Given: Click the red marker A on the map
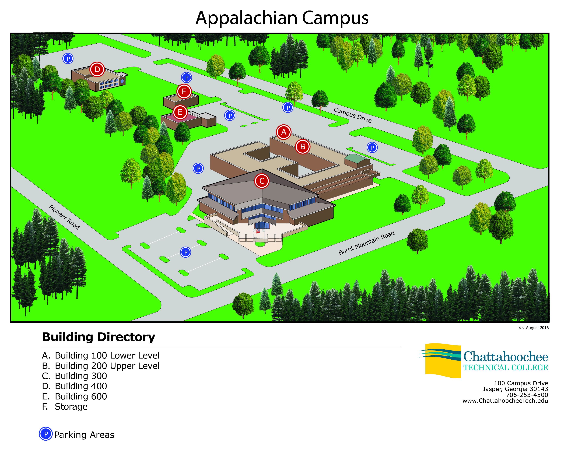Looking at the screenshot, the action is pos(284,132).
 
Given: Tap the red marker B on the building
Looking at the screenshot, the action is pos(303,147).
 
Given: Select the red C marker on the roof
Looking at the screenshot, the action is pos(262,181).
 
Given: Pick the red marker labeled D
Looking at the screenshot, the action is pos(97,69).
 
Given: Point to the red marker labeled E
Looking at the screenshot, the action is pos(180,112).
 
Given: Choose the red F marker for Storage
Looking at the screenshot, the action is pos(184,91).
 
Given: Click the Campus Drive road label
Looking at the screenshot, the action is pos(353,115).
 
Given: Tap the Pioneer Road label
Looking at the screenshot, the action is pos(64,217).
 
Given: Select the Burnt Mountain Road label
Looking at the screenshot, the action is pos(366,243).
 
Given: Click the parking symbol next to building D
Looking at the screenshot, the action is pos(68,58).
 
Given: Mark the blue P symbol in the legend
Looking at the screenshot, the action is pos(46,434).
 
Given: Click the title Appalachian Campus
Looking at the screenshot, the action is pos(282,18).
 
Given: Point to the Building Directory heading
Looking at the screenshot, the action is pos(99,337).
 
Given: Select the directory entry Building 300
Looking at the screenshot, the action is pos(74,376).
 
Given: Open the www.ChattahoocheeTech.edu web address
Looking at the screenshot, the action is pos(505,401).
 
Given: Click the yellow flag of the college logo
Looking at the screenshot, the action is pos(443,361).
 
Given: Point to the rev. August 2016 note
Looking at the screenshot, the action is pos(534,328).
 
